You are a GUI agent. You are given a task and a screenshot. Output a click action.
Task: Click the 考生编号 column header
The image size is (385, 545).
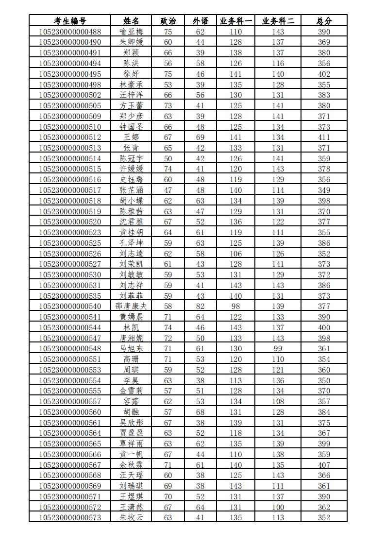point(70,21)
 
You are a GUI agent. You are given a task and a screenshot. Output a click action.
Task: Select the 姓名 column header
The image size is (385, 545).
point(131,21)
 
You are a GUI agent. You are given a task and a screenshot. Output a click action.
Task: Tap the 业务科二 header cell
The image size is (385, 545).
point(281,21)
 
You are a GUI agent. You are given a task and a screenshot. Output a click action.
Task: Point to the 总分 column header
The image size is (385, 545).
point(324,21)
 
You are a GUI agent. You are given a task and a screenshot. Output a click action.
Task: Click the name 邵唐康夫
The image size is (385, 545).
point(131,307)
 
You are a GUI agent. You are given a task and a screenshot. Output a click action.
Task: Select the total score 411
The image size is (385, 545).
point(324,137)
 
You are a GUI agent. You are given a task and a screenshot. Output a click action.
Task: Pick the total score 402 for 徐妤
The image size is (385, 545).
point(324,74)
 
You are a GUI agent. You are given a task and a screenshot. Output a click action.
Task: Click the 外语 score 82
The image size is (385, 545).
point(200,307)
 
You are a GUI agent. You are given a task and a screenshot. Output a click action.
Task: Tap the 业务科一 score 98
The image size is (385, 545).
point(236,307)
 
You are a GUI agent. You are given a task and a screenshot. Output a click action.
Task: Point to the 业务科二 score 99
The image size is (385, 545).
point(278,349)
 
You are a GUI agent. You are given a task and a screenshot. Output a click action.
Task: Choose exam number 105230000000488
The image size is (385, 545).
point(70,32)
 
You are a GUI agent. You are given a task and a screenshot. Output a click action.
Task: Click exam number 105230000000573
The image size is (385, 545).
point(70,518)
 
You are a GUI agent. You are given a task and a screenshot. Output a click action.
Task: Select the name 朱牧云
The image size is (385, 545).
point(131,518)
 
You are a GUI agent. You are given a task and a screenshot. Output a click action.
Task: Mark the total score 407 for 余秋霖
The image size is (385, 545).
point(324,465)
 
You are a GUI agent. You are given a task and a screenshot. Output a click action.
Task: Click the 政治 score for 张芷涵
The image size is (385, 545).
point(168,190)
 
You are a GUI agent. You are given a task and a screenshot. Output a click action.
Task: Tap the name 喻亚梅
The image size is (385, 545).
point(131,32)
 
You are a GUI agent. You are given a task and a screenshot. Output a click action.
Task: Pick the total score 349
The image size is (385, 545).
point(324,190)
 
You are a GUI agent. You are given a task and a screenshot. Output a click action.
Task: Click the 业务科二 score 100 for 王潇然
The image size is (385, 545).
point(278,507)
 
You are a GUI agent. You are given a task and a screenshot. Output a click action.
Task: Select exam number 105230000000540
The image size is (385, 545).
point(70,307)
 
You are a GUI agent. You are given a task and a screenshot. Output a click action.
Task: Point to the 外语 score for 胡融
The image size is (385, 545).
point(200,412)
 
